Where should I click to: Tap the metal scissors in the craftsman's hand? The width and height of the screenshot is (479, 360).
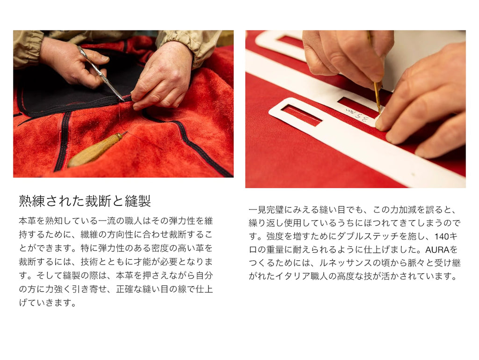point(101,73)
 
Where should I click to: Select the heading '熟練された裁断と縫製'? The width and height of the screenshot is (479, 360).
point(85,201)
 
